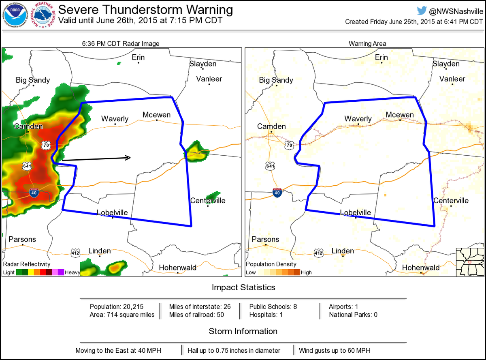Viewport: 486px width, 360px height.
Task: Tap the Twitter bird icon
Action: pyautogui.click(x=422, y=11)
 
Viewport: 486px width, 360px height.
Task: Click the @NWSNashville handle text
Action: pyautogui.click(x=455, y=11)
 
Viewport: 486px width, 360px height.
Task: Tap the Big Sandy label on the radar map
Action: pyautogui.click(x=33, y=80)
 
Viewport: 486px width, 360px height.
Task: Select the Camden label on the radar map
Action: pyautogui.click(x=28, y=126)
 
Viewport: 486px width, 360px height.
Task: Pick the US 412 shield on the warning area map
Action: pyautogui.click(x=318, y=253)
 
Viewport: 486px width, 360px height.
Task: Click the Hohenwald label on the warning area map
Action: pyautogui.click(x=421, y=268)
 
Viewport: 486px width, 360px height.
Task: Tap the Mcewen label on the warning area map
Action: pyautogui.click(x=400, y=115)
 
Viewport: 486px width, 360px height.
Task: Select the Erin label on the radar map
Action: pyautogui.click(x=138, y=58)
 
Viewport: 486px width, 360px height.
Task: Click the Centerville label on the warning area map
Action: pyautogui.click(x=451, y=201)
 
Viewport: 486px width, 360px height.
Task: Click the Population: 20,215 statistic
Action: pyautogui.click(x=117, y=306)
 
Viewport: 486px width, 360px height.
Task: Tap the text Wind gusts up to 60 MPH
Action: pyautogui.click(x=335, y=350)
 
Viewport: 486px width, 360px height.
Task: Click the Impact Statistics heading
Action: pyautogui.click(x=243, y=287)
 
